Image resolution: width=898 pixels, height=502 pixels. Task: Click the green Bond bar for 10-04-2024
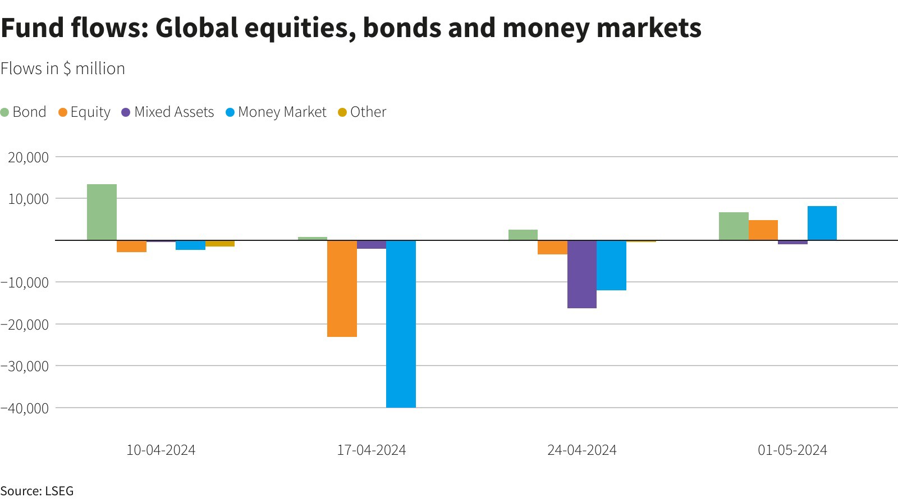tap(102, 212)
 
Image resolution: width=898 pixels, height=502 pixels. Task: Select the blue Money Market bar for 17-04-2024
tap(401, 323)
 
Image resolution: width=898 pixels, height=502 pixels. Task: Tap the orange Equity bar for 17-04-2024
tap(342, 288)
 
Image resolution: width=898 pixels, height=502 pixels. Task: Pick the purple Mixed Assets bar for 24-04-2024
tap(581, 274)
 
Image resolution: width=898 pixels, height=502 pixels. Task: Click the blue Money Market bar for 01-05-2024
tap(822, 223)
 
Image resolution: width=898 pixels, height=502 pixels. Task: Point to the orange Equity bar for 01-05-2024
tap(763, 230)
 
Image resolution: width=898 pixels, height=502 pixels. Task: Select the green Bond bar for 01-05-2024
tap(734, 226)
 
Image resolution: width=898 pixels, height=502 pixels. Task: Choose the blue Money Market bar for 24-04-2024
tap(611, 265)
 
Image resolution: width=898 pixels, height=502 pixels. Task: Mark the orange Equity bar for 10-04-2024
tap(131, 246)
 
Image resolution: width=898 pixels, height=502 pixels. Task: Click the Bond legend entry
tap(24, 112)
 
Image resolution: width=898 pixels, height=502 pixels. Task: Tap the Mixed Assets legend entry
tap(168, 112)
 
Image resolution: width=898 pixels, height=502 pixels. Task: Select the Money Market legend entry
tap(276, 112)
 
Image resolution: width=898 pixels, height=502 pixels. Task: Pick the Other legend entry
tap(362, 112)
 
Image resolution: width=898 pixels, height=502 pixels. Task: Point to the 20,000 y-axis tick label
tap(28, 157)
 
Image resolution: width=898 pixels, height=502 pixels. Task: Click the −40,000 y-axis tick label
tap(25, 408)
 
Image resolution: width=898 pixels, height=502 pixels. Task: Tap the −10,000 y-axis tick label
tap(25, 282)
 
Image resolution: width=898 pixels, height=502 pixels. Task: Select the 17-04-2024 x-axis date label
tap(371, 450)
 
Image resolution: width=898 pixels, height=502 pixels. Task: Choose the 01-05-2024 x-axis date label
tap(792, 450)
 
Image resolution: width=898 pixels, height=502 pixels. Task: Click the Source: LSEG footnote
tap(37, 491)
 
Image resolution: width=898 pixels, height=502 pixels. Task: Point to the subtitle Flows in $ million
tap(63, 69)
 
